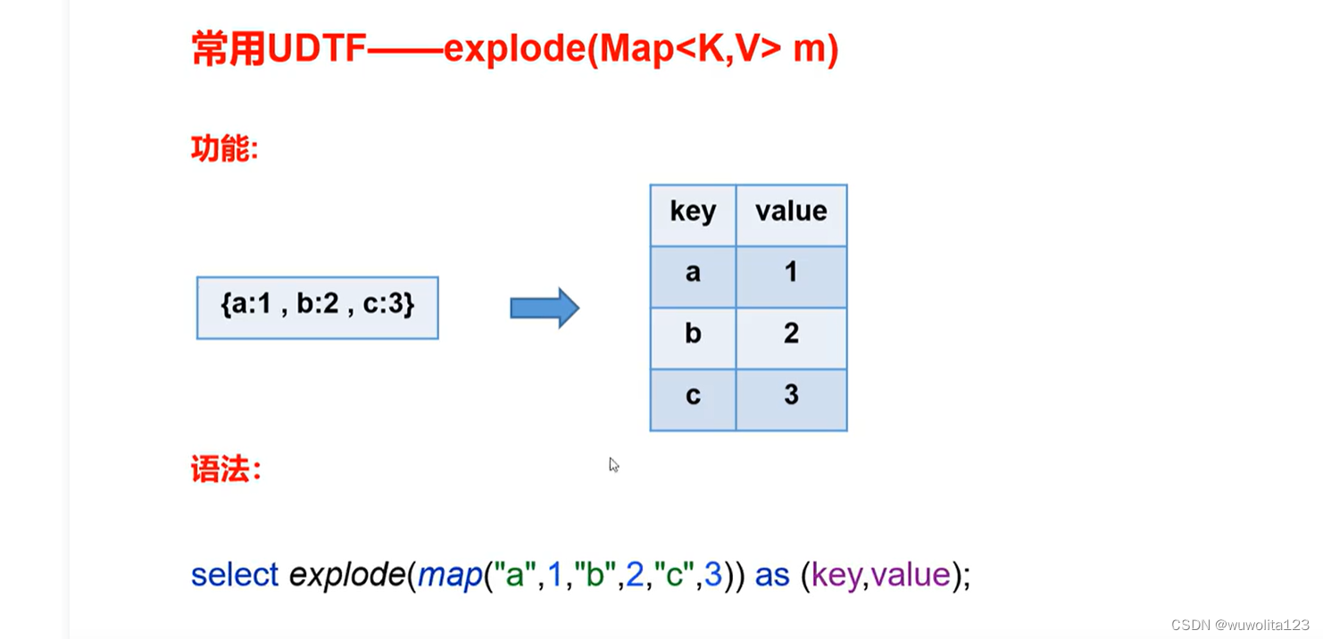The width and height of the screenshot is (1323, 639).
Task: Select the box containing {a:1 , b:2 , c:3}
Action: pyautogui.click(x=317, y=308)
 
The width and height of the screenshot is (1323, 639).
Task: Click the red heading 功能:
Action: pyautogui.click(x=224, y=148)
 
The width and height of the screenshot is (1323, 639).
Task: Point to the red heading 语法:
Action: pyautogui.click(x=226, y=469)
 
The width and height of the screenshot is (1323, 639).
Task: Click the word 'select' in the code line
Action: pyautogui.click(x=235, y=575)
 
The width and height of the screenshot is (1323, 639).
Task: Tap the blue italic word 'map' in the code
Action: pyautogui.click(x=450, y=575)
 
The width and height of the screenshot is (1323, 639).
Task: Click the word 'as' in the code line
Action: pyautogui.click(x=772, y=575)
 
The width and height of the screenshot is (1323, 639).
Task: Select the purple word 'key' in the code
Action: pyautogui.click(x=836, y=575)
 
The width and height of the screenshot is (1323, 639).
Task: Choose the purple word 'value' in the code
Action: pyautogui.click(x=911, y=575)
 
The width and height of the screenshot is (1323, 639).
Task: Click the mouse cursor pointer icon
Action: pyautogui.click(x=614, y=465)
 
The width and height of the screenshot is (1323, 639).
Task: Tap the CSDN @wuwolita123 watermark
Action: pyautogui.click(x=1240, y=625)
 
